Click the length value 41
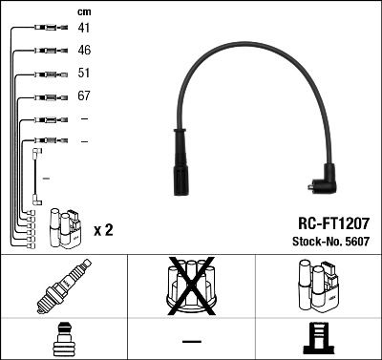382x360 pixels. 84,29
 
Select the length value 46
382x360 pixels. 84,50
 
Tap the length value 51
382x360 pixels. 84,74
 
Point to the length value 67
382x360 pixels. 84,96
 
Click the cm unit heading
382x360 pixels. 83,11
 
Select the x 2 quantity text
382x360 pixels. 103,230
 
